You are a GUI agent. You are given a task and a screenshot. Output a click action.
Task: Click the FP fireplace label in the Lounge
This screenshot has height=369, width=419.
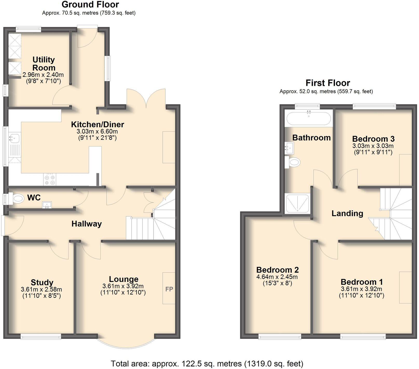click(x=169, y=289)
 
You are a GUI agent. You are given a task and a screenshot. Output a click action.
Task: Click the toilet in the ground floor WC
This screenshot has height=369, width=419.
click(x=18, y=199)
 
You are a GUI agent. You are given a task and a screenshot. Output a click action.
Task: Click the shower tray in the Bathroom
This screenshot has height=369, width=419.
click(x=297, y=203)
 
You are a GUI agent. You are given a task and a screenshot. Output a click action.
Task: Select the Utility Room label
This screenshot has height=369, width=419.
click(x=44, y=63)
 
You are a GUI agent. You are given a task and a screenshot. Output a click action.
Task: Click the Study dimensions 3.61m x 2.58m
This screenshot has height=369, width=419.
click(x=41, y=289)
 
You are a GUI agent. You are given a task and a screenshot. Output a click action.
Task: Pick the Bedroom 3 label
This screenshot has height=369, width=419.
click(x=373, y=139)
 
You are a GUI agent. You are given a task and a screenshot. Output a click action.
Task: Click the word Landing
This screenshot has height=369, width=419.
click(x=347, y=213)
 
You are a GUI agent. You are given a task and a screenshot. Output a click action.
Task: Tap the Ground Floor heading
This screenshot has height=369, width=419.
click(x=90, y=4)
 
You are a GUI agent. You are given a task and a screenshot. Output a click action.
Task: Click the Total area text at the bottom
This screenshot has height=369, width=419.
click(x=207, y=364)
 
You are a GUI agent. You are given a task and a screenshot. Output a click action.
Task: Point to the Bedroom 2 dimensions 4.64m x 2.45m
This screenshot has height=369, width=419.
click(x=277, y=277)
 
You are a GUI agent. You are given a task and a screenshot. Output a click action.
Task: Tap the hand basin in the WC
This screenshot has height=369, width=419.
click(x=47, y=205)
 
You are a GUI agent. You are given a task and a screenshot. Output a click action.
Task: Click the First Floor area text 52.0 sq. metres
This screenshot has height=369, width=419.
click(x=326, y=91)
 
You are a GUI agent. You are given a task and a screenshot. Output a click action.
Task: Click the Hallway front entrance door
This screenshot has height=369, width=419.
click(x=3, y=225)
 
